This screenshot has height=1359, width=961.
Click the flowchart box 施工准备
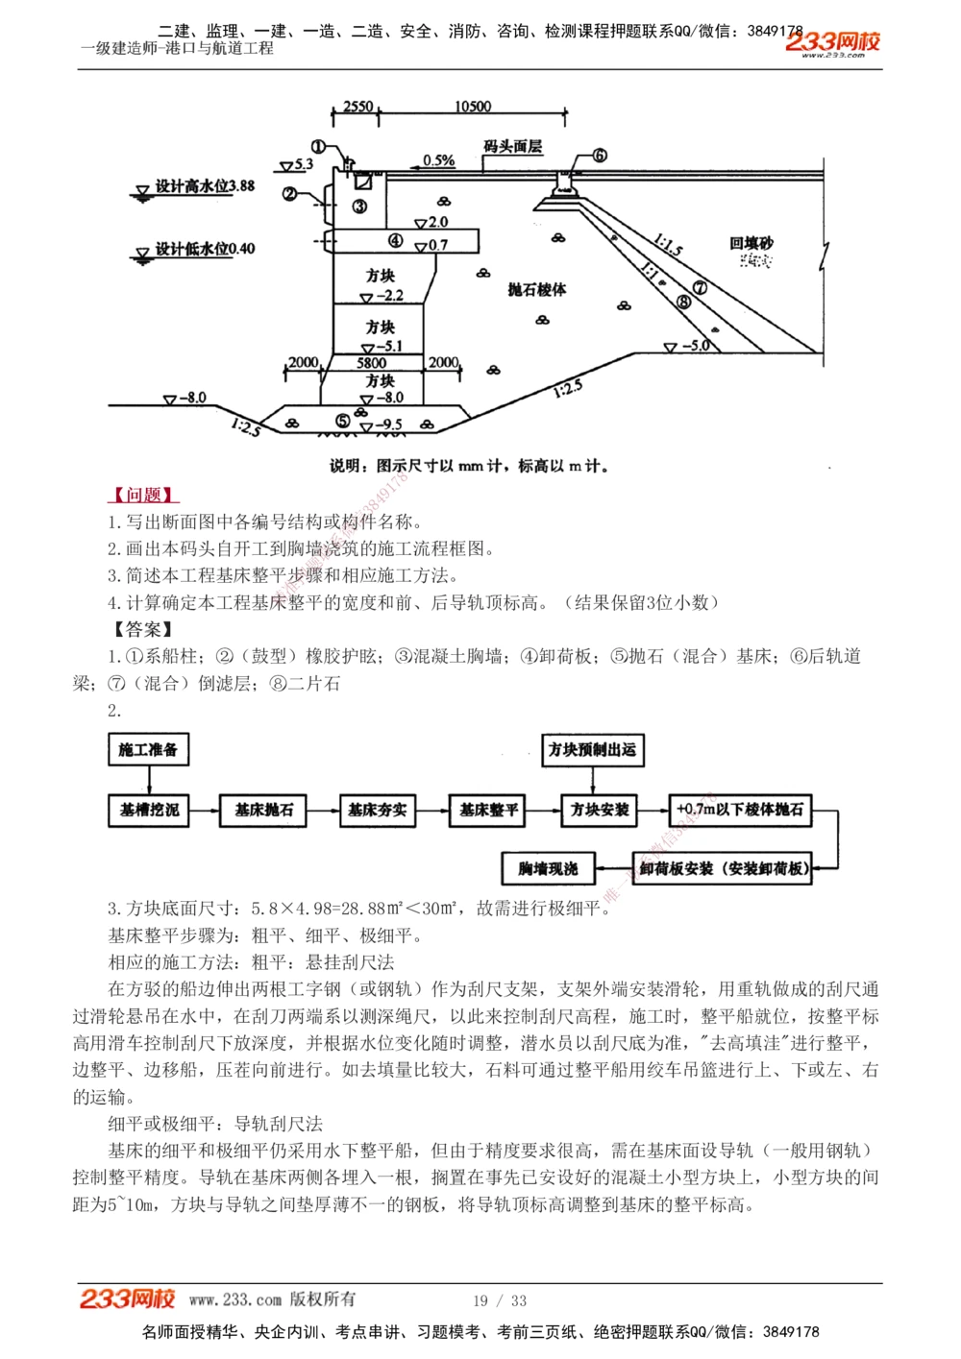(x=148, y=749)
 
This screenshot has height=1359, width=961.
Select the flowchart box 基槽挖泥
(x=149, y=810)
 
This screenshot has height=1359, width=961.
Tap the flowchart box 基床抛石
(x=263, y=810)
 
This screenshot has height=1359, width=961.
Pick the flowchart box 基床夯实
(x=378, y=810)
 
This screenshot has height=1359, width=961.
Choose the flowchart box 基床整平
(x=488, y=810)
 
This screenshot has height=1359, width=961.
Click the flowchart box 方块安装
(x=601, y=810)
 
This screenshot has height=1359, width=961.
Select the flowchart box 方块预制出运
(x=592, y=749)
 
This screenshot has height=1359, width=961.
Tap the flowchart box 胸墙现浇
(x=548, y=868)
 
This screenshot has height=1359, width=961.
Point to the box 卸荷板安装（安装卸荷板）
(x=724, y=868)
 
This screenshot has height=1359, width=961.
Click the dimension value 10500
(x=473, y=107)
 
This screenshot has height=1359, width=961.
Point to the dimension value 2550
(x=357, y=107)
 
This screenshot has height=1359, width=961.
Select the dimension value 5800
(x=372, y=362)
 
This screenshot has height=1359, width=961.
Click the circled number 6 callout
(x=600, y=156)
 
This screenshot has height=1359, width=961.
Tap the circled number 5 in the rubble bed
(x=343, y=421)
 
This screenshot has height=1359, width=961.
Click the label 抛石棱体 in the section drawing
(x=537, y=289)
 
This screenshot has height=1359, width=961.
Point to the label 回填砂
(x=752, y=244)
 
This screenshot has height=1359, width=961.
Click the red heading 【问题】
(x=143, y=495)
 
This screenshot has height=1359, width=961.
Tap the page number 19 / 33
(x=500, y=1300)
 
